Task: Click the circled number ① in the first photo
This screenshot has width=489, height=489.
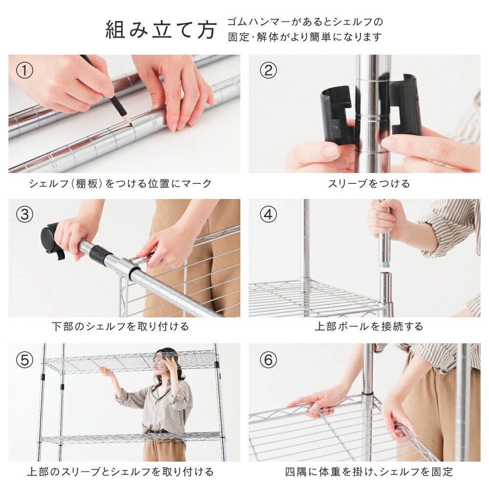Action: pos(24,70)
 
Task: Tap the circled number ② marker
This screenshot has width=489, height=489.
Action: pos(268,70)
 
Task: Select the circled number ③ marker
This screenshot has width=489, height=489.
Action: pos(24,215)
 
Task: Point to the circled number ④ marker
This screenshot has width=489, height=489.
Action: pos(268,215)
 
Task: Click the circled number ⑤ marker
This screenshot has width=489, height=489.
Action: pos(24,360)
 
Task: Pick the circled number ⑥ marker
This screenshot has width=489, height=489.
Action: pos(268,360)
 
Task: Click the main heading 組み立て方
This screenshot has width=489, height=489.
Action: pos(161,30)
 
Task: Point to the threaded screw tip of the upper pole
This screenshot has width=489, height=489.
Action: pos(385,265)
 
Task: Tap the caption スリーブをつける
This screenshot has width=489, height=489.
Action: pos(369,183)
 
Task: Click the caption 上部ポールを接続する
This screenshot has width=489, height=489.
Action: pos(369,327)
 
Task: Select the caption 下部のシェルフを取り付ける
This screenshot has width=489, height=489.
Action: pos(120,327)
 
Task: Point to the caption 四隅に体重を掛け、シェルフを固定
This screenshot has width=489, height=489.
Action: pos(369,472)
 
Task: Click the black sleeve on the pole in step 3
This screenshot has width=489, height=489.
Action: pos(100,254)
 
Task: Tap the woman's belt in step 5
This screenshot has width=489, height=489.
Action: pos(158,432)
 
